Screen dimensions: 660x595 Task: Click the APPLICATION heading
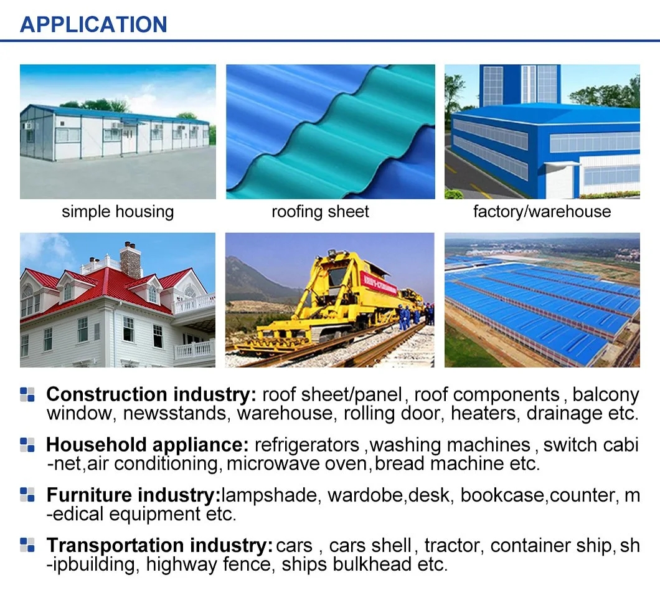(93, 24)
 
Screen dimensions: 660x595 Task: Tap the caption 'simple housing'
(118, 211)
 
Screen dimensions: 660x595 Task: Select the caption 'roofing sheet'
(320, 211)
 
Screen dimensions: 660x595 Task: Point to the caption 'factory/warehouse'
(542, 211)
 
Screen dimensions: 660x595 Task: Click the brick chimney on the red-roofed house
(131, 260)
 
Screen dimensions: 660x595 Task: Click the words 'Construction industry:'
(151, 394)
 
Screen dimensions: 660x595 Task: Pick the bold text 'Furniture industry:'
(134, 495)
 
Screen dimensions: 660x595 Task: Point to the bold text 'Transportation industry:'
(160, 545)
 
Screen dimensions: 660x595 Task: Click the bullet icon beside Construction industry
(27, 394)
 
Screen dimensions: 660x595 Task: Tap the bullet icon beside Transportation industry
(27, 545)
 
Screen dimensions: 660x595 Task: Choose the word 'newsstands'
(175, 413)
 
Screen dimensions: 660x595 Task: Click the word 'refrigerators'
(307, 445)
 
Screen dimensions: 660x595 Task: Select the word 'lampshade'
(269, 495)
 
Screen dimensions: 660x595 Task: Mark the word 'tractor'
(450, 545)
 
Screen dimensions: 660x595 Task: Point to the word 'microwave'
(275, 464)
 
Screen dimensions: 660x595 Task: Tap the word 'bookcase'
(502, 495)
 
